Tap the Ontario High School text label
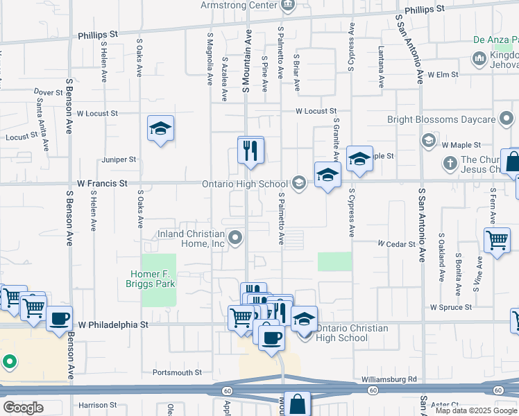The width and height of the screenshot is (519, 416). point(244,184)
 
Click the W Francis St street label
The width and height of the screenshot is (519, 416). point(102,184)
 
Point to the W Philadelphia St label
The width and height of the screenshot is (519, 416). point(113,324)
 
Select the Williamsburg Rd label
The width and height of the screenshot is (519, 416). point(389,379)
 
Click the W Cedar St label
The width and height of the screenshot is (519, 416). point(396,244)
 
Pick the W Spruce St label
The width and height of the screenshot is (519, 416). point(451,306)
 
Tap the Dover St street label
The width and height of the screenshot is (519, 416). point(48,92)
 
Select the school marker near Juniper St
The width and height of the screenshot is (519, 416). point(160,128)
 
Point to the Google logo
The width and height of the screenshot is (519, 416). point(22,408)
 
